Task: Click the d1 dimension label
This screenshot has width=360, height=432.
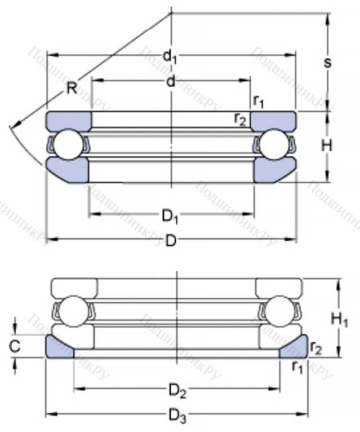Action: [170, 56]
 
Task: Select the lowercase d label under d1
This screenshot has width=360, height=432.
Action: [170, 82]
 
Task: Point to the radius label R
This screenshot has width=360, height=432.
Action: [72, 88]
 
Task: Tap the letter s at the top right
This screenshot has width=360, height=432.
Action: [327, 62]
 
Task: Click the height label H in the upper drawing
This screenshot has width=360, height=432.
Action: [327, 145]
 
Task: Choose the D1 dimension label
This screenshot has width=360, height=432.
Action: [170, 215]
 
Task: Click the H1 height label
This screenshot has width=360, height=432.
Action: [339, 320]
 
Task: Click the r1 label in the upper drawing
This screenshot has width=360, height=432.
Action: [259, 102]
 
